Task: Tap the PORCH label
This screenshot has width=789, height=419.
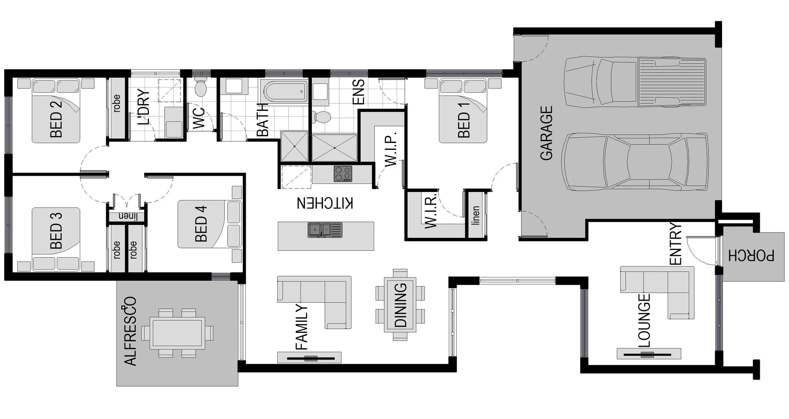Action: click(751, 255)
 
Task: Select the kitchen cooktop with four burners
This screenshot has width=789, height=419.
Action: click(343, 174)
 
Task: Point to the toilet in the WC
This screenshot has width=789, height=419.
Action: click(200, 87)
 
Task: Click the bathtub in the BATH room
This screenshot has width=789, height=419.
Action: click(284, 92)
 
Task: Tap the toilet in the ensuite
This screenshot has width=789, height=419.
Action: click(322, 117)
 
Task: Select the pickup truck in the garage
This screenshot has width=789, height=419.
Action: click(635, 82)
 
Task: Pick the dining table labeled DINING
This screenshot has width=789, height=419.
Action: click(400, 305)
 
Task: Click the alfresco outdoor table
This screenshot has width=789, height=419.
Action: click(178, 333)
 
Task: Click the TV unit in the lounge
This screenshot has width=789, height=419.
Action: click(648, 354)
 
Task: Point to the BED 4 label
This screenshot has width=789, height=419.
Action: click(201, 223)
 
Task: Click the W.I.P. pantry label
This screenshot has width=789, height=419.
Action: click(391, 149)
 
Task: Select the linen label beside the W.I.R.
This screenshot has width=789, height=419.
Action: click(476, 215)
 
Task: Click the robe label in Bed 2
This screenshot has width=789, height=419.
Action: click(117, 103)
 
